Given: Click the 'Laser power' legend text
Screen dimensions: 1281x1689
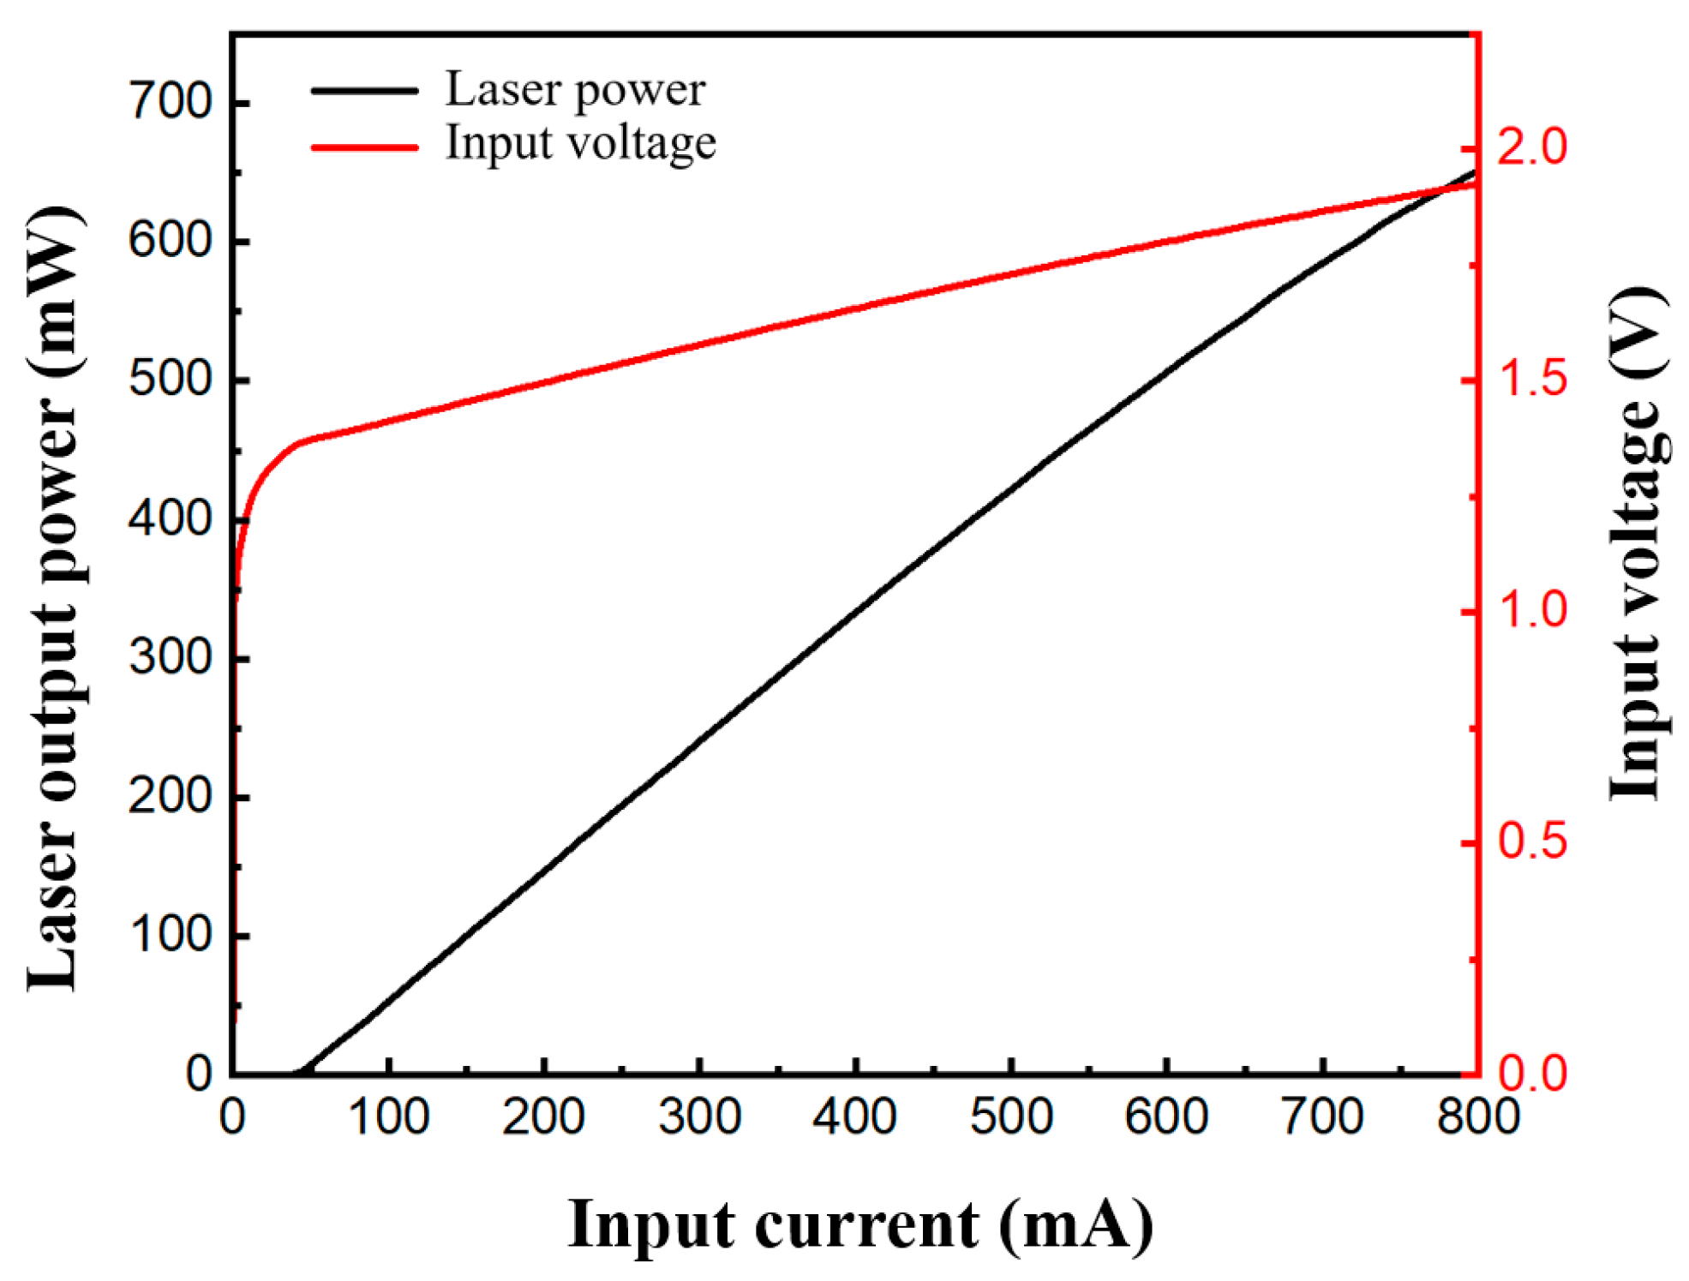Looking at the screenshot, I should [574, 90].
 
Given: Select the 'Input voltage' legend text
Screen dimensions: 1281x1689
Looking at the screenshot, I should [580, 143].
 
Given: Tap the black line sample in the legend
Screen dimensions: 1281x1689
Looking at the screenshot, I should [364, 90].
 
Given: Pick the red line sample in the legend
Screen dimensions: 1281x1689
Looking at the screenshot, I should [364, 147].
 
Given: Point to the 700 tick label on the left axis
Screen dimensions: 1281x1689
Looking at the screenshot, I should [170, 101].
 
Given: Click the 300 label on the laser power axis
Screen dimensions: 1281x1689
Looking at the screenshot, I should [170, 658].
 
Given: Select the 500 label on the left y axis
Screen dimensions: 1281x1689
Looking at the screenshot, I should [170, 380].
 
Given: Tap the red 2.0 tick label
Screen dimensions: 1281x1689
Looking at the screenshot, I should [1532, 147].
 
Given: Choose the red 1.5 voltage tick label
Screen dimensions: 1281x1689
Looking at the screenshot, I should [1532, 379].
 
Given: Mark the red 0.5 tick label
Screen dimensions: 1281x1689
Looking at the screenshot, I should [1532, 841].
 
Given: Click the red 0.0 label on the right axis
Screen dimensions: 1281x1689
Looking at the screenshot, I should [1532, 1073].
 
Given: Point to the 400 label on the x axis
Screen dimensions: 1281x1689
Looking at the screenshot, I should [854, 1117].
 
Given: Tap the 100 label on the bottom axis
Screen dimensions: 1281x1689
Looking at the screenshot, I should [388, 1117].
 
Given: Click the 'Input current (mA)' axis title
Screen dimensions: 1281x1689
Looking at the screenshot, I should [859, 1224].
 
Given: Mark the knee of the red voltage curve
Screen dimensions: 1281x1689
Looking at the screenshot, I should [296, 444].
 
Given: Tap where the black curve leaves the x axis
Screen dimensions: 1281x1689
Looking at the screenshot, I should [298, 1071].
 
